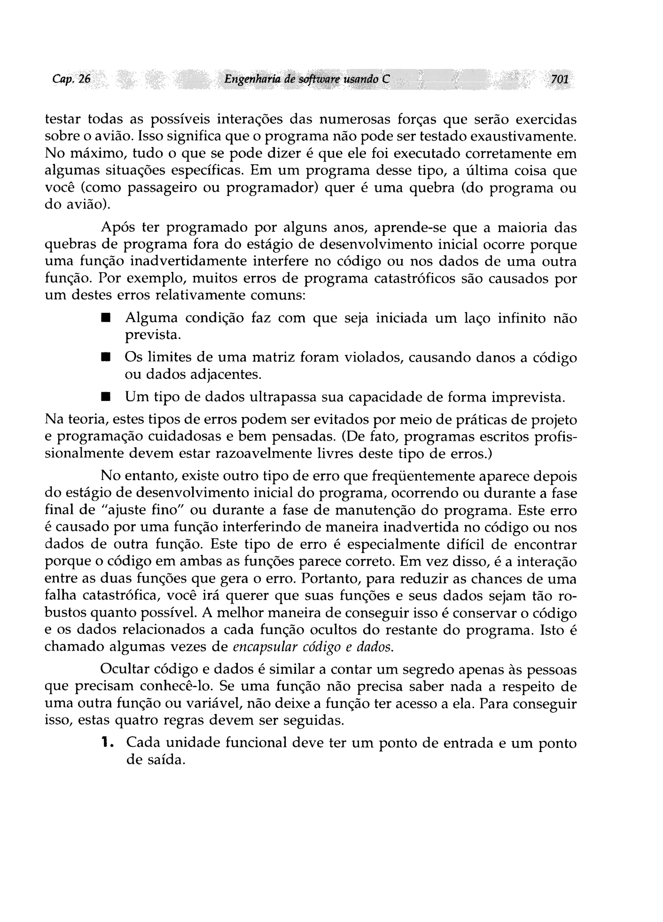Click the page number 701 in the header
(559, 79)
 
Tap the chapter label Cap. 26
(72, 79)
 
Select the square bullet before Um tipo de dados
(106, 396)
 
